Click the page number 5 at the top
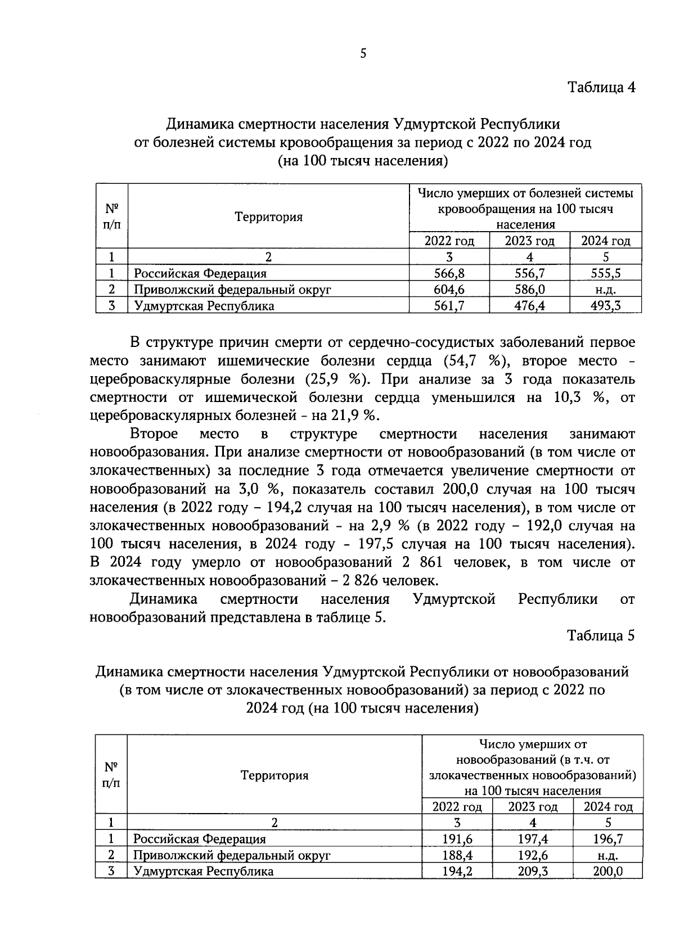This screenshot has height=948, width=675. [363, 54]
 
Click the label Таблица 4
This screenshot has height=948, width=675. [601, 88]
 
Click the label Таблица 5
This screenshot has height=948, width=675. [601, 635]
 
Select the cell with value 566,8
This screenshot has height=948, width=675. [449, 274]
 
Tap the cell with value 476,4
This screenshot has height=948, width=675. [529, 306]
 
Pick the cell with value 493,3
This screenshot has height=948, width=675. [605, 306]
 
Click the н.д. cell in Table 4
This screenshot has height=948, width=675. [605, 290]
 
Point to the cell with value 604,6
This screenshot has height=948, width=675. [449, 290]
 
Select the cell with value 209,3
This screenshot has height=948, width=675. [532, 872]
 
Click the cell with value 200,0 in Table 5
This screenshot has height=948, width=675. [607, 872]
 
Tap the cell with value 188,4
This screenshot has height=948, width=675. [457, 856]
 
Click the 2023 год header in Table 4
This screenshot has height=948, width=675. [529, 241]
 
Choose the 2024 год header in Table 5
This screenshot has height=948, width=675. [608, 807]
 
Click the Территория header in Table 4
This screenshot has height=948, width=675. [268, 217]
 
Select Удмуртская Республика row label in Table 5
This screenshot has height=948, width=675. [203, 872]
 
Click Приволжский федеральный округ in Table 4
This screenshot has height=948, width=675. [232, 290]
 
